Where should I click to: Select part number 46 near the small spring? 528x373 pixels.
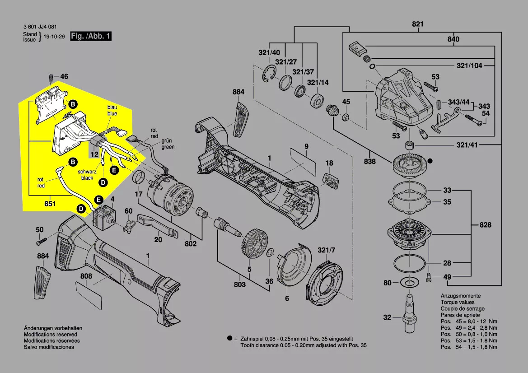coord(64,77)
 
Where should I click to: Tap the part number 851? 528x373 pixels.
coord(50,204)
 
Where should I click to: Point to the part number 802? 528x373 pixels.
coord(191,244)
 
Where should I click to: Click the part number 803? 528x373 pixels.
coord(240,284)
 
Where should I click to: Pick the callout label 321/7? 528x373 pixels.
coord(327,250)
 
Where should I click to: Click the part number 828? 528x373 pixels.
coord(485,225)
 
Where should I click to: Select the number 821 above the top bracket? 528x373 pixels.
coord(418,24)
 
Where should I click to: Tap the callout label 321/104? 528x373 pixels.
coord(469,66)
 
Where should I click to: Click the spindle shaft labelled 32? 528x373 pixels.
coord(409,312)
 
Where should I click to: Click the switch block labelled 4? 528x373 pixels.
coord(103,217)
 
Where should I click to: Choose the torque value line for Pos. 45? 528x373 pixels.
coord(469,321)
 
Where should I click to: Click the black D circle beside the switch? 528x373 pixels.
coord(81,209)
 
